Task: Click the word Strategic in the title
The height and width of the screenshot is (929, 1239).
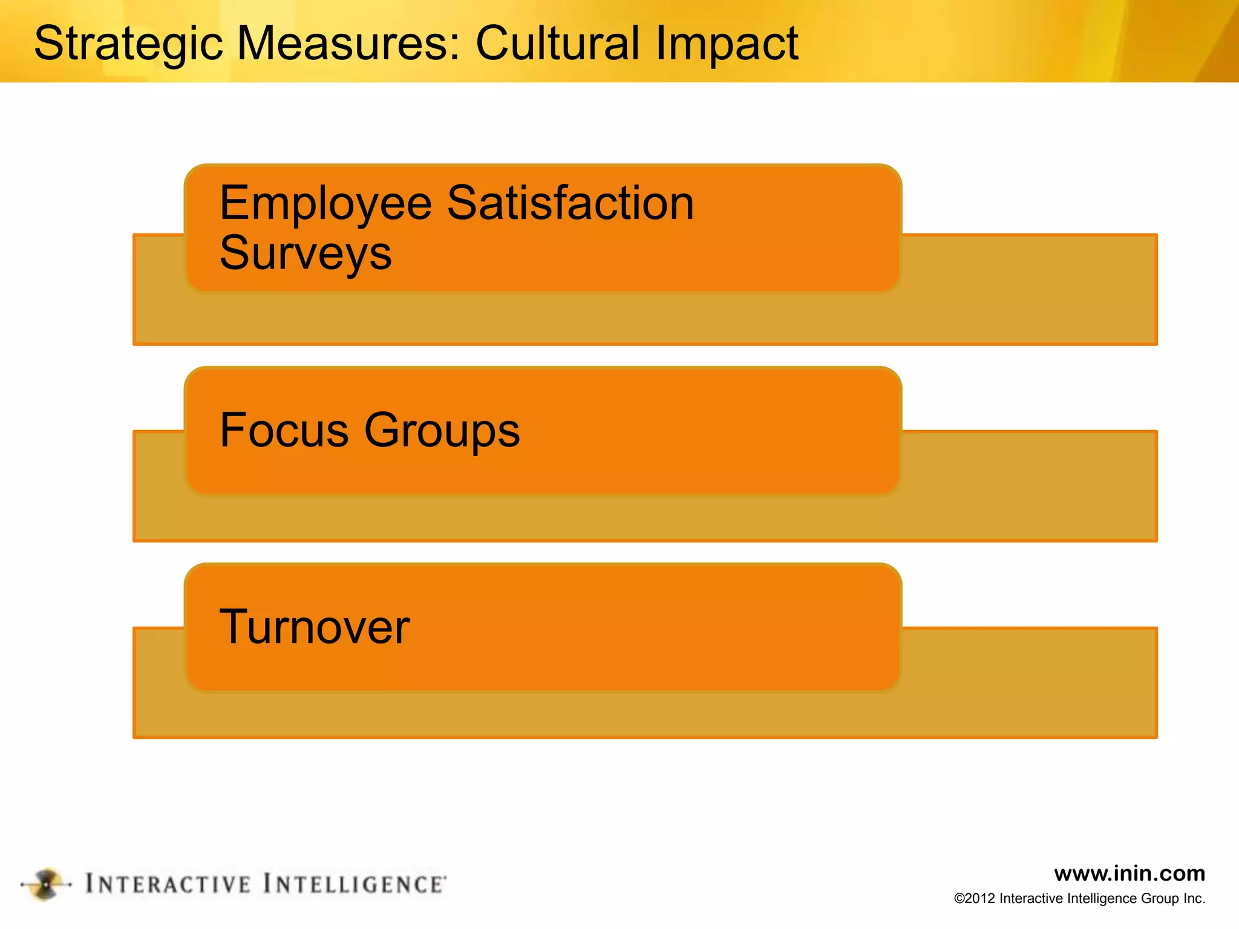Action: (128, 44)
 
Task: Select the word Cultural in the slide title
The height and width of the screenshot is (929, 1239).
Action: (557, 44)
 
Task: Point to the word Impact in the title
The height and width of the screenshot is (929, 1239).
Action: (727, 44)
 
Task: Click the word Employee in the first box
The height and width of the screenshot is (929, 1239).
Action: (325, 203)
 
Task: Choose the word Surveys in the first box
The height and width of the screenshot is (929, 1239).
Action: (306, 253)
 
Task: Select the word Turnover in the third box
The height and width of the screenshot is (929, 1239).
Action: (315, 627)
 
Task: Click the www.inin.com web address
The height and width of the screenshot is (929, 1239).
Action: (1129, 873)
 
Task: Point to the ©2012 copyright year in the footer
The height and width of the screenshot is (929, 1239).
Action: (975, 899)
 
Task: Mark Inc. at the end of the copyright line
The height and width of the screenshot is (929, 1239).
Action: (1194, 899)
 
